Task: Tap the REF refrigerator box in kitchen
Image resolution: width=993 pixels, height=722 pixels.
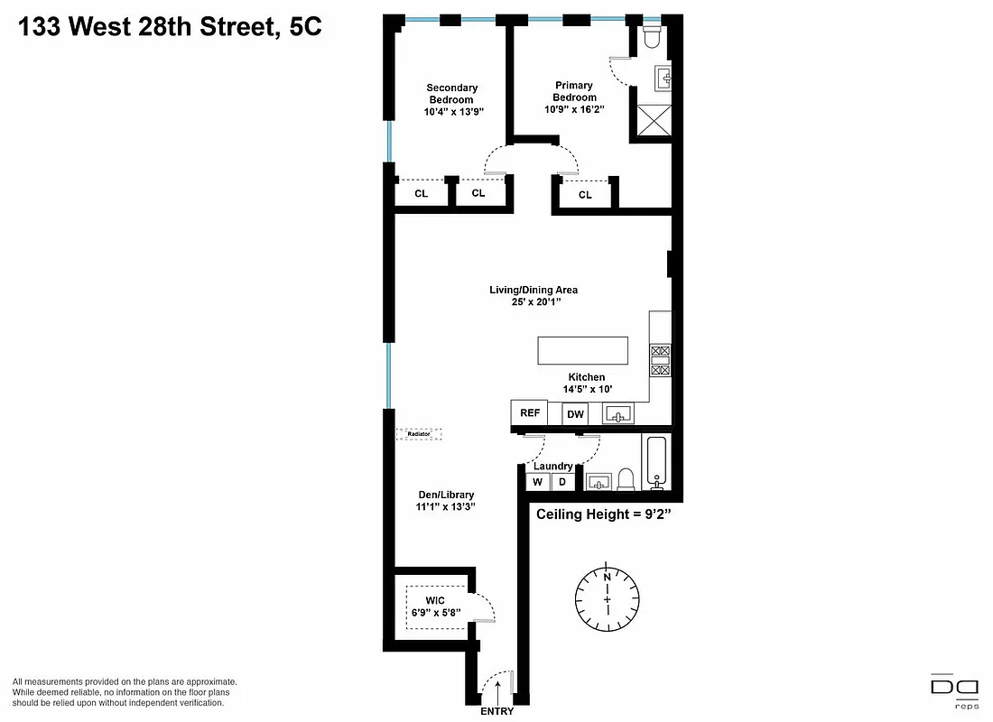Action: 530,413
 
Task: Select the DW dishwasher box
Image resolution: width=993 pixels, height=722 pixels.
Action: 575,415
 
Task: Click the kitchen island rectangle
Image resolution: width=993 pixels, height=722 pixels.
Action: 582,350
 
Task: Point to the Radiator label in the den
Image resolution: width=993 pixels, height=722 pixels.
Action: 419,434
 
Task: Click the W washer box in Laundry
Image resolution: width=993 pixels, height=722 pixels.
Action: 537,482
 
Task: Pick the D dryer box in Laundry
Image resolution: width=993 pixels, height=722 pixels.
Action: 561,482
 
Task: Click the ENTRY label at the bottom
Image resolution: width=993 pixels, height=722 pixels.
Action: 496,711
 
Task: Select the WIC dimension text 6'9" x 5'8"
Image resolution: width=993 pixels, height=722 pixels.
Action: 436,612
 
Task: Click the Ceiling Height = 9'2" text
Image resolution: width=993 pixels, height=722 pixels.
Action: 603,514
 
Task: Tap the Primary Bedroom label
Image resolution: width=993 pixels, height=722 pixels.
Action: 575,91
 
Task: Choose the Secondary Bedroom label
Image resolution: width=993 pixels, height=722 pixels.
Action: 452,94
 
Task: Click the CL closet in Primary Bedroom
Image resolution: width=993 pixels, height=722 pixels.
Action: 585,195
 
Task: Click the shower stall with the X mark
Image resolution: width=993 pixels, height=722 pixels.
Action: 652,120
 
